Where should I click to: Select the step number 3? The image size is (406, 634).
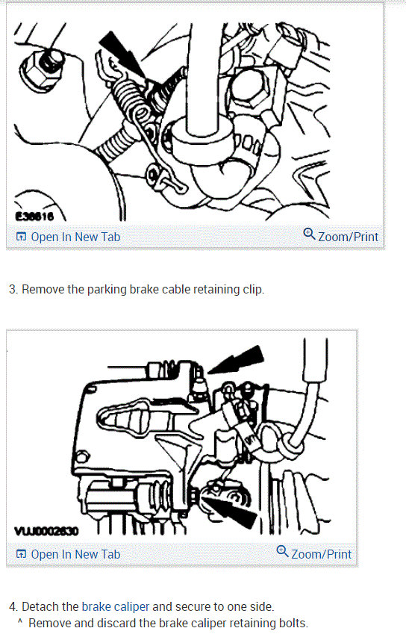[13, 289]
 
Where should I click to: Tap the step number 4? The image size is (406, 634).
[13, 606]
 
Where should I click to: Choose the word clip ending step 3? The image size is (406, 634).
[252, 289]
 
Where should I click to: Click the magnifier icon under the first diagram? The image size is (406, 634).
[309, 235]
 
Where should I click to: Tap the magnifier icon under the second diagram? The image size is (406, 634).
[282, 553]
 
